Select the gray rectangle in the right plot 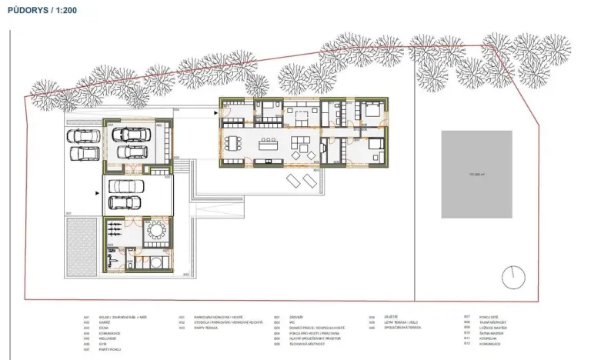click(x=476, y=174)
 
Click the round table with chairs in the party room click(x=155, y=231)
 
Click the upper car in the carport click(x=125, y=186)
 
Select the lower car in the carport click(x=125, y=202)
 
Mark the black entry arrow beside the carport click(x=96, y=194)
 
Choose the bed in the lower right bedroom click(x=372, y=145)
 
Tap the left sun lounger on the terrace click(x=294, y=182)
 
